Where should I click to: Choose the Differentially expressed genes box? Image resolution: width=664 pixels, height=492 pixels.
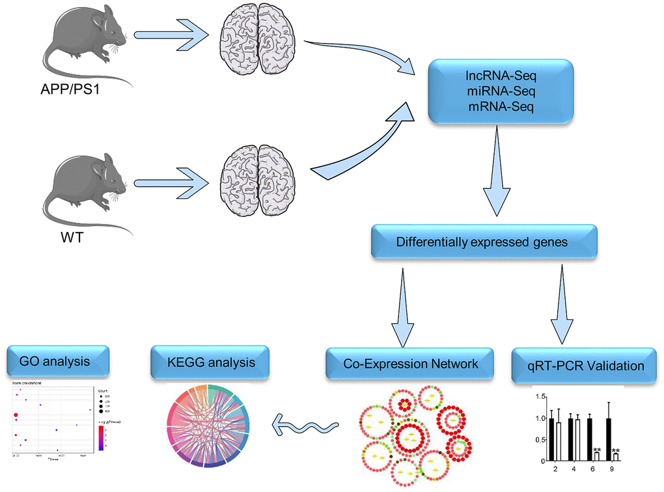(x=482, y=242)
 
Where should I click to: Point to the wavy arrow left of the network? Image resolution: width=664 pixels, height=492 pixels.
(x=306, y=427)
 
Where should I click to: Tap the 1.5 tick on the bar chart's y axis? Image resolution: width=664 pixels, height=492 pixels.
(x=538, y=396)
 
